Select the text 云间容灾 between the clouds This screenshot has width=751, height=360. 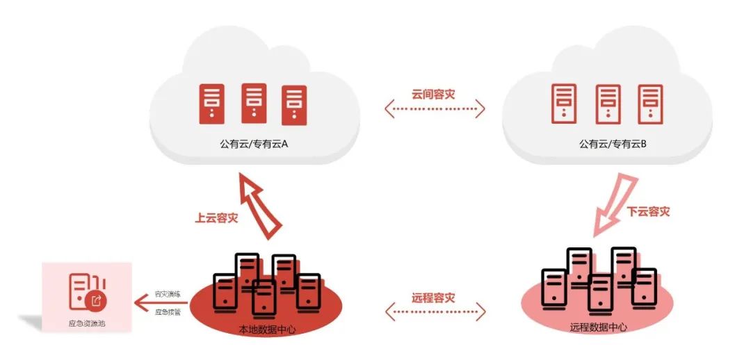pos(433,95)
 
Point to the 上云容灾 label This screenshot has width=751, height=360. pos(216,218)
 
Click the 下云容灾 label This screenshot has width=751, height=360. pos(648,211)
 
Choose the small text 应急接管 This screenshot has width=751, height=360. pos(168,312)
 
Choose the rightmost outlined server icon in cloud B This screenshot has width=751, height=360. pos(650,104)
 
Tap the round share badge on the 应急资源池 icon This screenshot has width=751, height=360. pos(97,301)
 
